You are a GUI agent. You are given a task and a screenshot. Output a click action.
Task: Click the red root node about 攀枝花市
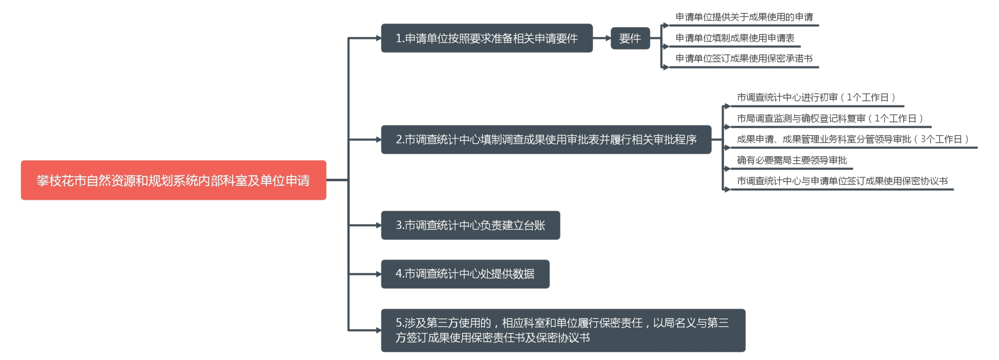[173, 180]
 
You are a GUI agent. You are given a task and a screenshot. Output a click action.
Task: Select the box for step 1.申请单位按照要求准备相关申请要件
[486, 38]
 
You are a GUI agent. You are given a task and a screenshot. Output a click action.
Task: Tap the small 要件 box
[630, 38]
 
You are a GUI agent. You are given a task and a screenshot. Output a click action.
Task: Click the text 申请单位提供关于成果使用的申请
[744, 17]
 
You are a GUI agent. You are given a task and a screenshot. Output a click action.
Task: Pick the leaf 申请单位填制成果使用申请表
[735, 38]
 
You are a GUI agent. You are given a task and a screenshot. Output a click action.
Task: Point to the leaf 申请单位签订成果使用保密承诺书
[744, 58]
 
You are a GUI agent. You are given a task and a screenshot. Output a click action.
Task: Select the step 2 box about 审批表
[546, 139]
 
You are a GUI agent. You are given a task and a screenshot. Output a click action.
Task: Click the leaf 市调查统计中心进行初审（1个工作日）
[816, 98]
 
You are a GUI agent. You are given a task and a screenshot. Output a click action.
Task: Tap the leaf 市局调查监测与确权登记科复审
[830, 118]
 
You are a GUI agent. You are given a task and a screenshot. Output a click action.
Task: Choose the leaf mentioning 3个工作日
[853, 139]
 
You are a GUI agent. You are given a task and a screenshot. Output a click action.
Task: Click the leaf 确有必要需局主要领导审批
[792, 160]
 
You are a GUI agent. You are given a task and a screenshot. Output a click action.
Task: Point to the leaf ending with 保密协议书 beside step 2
[842, 181]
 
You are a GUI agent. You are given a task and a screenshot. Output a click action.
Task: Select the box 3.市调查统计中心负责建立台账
[470, 225]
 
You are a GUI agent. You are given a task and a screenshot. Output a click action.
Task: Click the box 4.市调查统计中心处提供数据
[465, 274]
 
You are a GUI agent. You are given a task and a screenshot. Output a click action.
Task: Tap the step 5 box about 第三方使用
[563, 330]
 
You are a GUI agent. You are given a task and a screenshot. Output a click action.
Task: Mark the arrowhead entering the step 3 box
[378, 225]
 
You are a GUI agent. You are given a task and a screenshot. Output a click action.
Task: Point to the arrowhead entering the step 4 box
[378, 274]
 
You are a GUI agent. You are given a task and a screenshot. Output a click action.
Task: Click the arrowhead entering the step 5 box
[378, 330]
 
